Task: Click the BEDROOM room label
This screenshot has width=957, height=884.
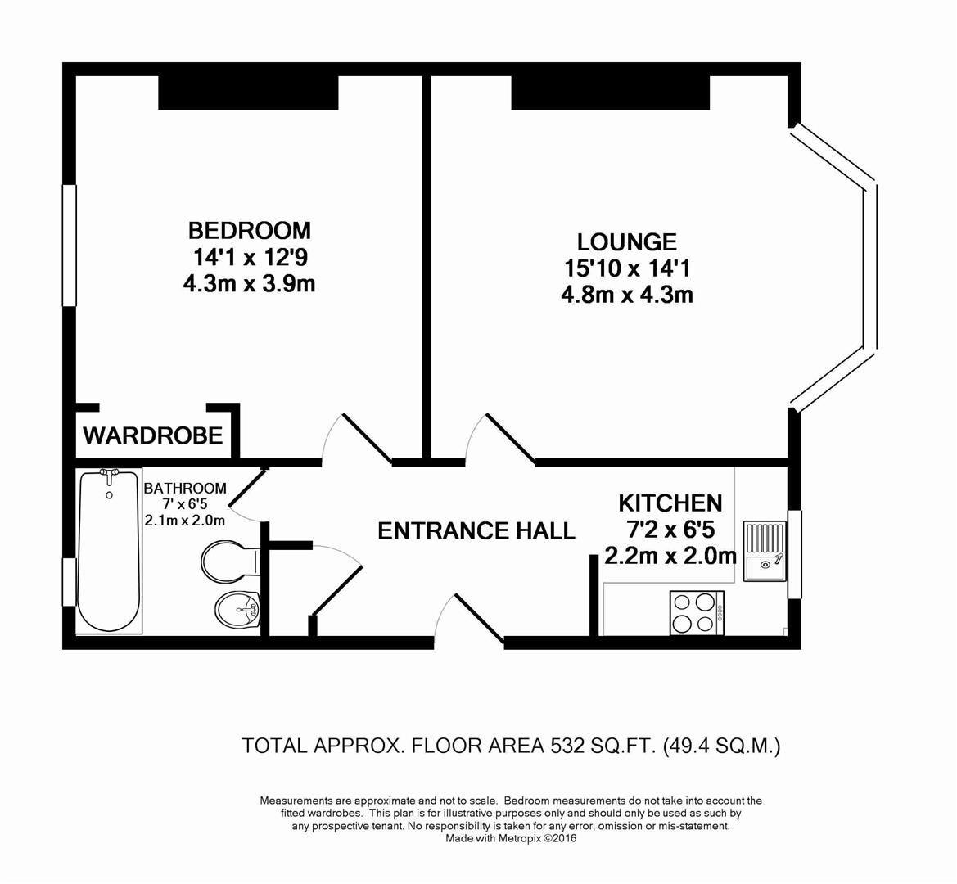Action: click(x=250, y=230)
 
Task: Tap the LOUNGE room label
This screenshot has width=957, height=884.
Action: click(x=626, y=242)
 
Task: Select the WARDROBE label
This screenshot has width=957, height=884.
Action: click(x=153, y=435)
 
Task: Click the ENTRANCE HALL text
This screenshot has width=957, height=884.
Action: click(x=476, y=531)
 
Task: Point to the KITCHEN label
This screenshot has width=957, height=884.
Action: click(x=670, y=503)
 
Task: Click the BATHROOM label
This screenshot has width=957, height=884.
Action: click(x=185, y=489)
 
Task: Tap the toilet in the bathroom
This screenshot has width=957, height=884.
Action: click(x=228, y=561)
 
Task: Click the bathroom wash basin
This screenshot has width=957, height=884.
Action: click(x=237, y=607)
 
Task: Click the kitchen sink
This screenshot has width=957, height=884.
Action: click(x=764, y=552)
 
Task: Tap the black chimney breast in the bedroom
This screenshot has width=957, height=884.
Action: click(x=248, y=92)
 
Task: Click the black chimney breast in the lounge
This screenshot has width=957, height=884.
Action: click(x=610, y=92)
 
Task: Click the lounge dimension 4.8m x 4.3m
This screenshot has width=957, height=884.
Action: click(x=626, y=295)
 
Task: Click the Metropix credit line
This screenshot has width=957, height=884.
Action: click(x=511, y=838)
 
